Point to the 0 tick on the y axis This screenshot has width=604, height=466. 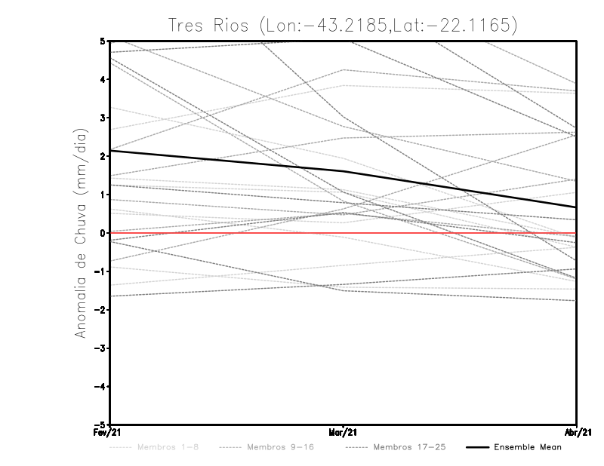103,233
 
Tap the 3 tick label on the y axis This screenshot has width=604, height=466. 103,118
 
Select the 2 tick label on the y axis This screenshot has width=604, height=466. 103,156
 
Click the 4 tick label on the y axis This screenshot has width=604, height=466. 103,79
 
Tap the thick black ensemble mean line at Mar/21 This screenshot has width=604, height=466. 344,171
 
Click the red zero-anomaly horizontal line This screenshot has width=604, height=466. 226,233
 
